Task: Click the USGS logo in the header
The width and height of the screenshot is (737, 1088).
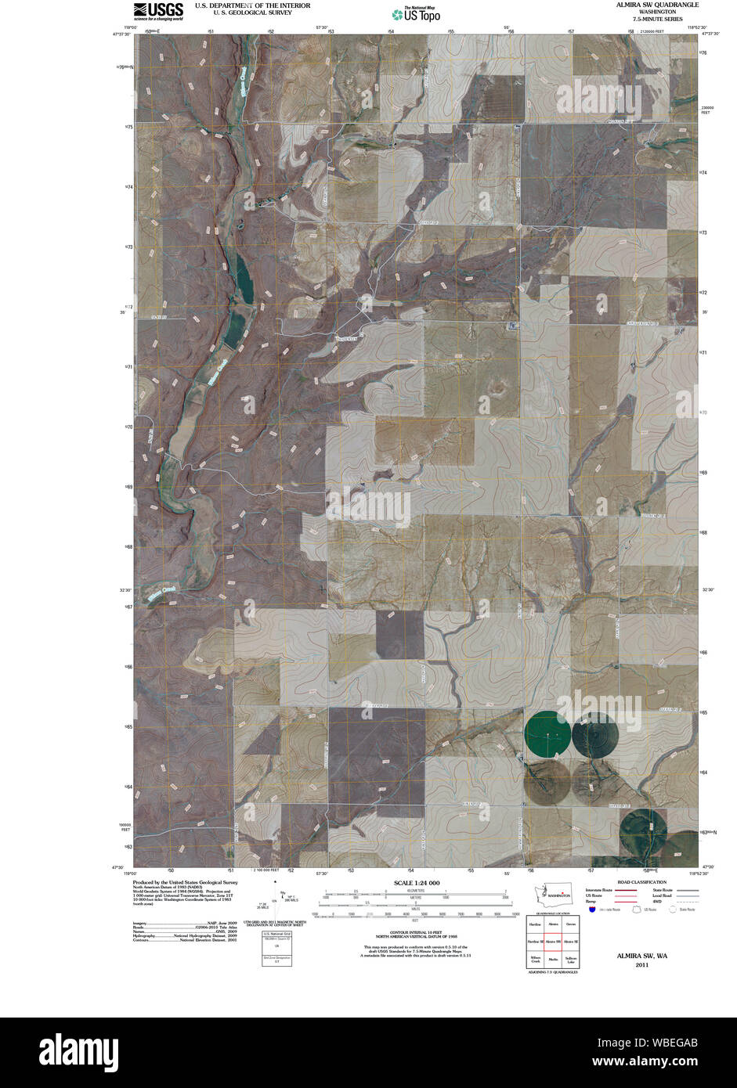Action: (158, 10)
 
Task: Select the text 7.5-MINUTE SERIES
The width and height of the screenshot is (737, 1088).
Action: (652, 19)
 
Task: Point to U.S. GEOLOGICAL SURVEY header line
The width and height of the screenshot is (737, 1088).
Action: (252, 13)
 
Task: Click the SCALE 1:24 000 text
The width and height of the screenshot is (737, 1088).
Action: (411, 883)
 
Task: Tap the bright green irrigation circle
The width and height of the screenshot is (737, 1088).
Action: (548, 733)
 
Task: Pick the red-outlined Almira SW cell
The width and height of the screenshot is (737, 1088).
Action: (552, 941)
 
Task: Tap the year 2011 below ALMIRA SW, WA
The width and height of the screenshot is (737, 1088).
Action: (641, 965)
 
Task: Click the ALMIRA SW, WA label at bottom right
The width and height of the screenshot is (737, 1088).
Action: (641, 956)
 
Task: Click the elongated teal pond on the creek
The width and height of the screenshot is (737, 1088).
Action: (242, 278)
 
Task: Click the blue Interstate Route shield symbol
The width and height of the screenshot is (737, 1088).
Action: (593, 909)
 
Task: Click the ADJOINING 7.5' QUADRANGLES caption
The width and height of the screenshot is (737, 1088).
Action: (551, 971)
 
